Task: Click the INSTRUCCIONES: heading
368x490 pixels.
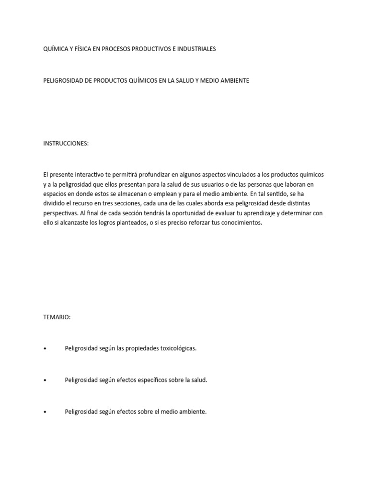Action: coord(66,143)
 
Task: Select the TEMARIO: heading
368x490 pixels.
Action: coord(57,317)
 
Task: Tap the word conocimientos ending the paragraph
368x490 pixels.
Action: coord(240,223)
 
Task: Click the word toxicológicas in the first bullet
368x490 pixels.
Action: coord(178,348)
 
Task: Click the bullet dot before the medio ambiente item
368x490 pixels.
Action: coord(45,412)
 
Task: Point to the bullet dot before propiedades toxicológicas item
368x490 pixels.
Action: coord(45,348)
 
